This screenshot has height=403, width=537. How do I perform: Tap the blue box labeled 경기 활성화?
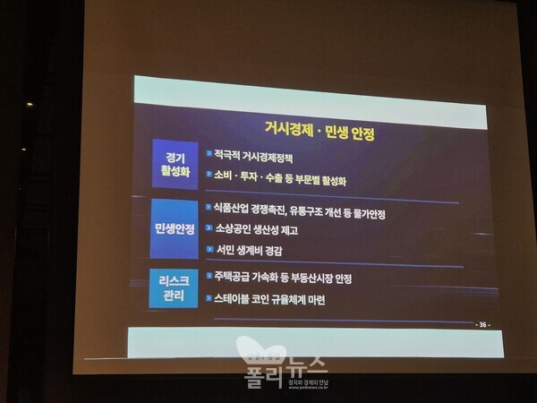[175, 163]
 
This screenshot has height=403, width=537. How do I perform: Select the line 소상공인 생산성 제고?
[257, 230]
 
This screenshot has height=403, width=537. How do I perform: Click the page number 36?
[484, 324]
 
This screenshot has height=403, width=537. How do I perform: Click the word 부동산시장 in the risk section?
[311, 279]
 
